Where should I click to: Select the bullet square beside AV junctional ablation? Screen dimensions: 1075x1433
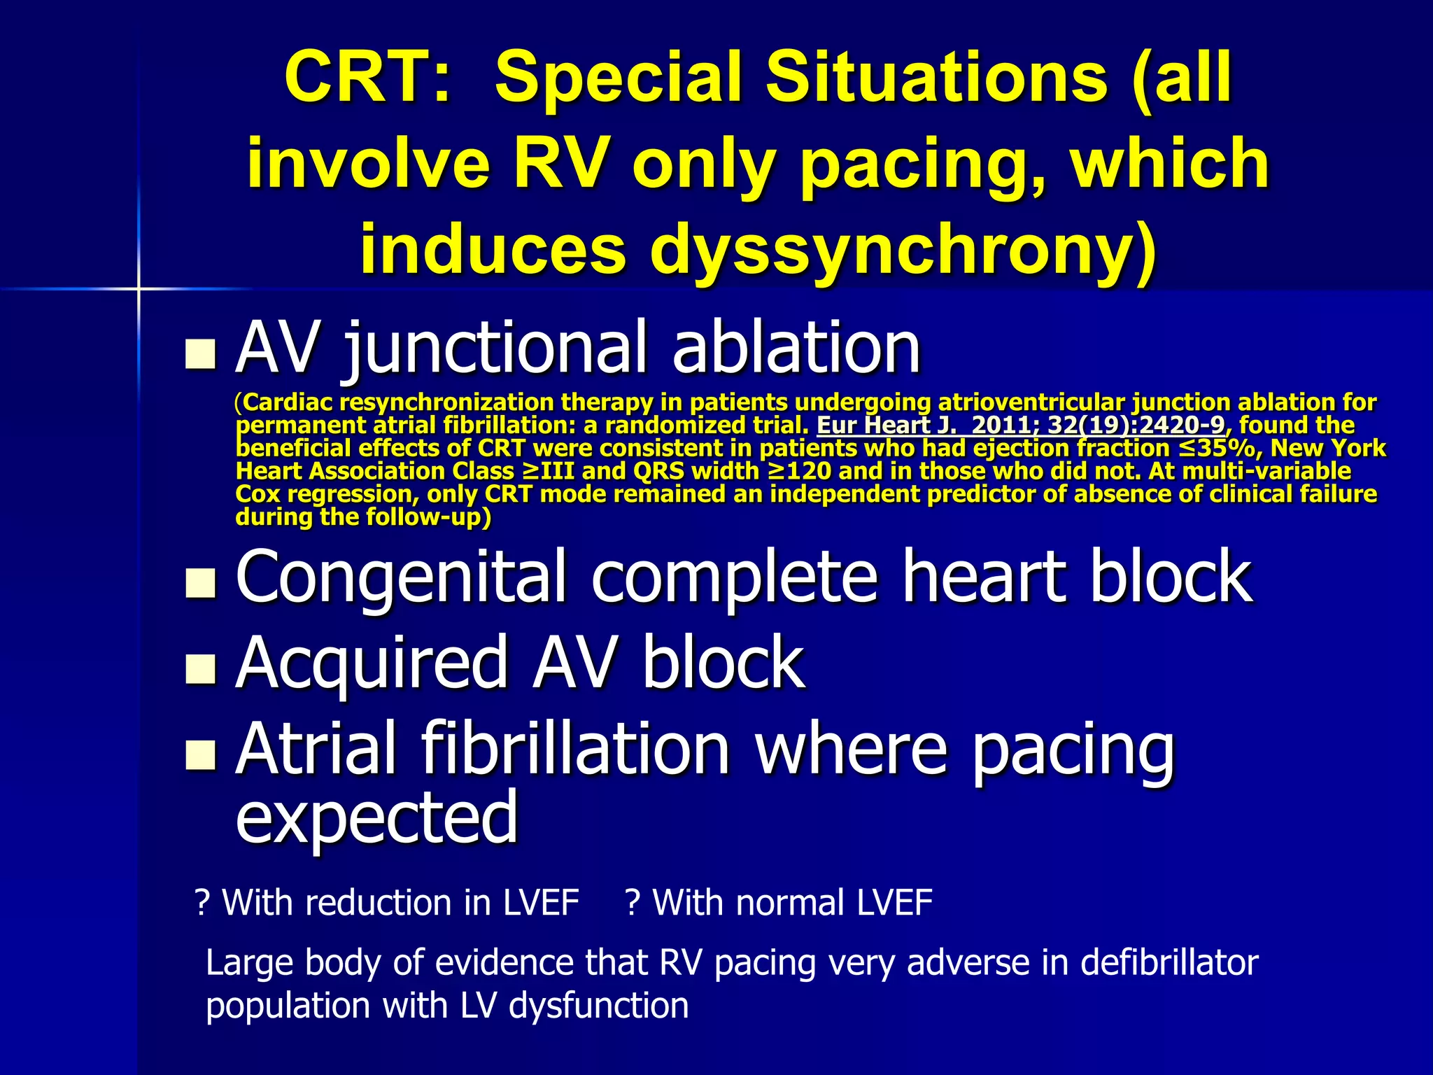(200, 354)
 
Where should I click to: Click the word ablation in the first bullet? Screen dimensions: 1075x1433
(796, 347)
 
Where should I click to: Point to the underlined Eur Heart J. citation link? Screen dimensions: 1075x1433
(1021, 425)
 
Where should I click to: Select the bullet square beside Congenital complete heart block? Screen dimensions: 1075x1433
(200, 583)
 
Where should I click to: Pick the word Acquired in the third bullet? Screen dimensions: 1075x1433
(371, 663)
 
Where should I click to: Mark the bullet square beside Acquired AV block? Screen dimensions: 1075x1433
(200, 668)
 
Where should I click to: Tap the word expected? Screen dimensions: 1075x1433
(376, 817)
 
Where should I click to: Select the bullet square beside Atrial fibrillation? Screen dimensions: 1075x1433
(200, 755)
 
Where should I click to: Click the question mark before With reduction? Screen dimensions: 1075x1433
(203, 903)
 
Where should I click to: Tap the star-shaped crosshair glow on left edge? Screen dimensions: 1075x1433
(139, 288)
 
